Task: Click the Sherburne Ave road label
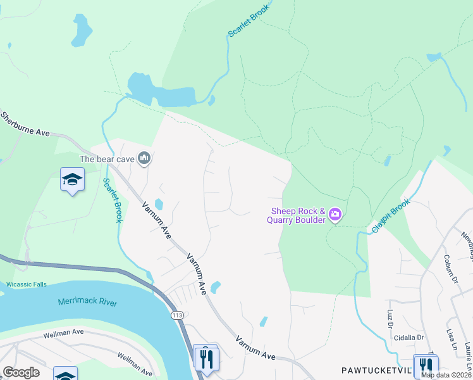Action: point(25,125)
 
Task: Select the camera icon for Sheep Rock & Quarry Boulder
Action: point(335,215)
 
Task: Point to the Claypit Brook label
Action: point(391,217)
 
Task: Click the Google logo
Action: point(21,372)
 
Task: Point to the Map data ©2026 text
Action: point(446,375)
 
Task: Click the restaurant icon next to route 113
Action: point(206,358)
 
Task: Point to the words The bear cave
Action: point(107,159)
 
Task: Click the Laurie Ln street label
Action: point(467,355)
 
